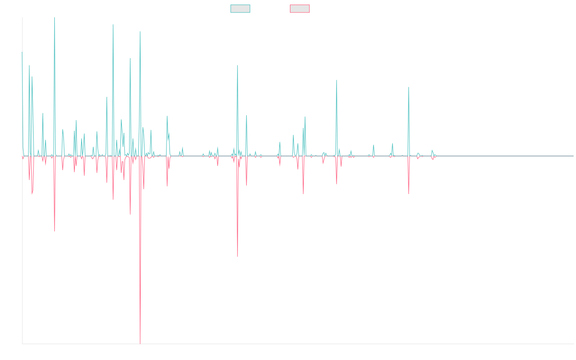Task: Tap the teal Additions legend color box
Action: (240, 9)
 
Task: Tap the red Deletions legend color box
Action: (300, 9)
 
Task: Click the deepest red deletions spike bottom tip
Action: (140, 343)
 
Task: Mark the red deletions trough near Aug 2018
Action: (238, 256)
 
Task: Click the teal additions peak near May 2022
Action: (408, 87)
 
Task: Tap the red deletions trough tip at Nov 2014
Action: (55, 232)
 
